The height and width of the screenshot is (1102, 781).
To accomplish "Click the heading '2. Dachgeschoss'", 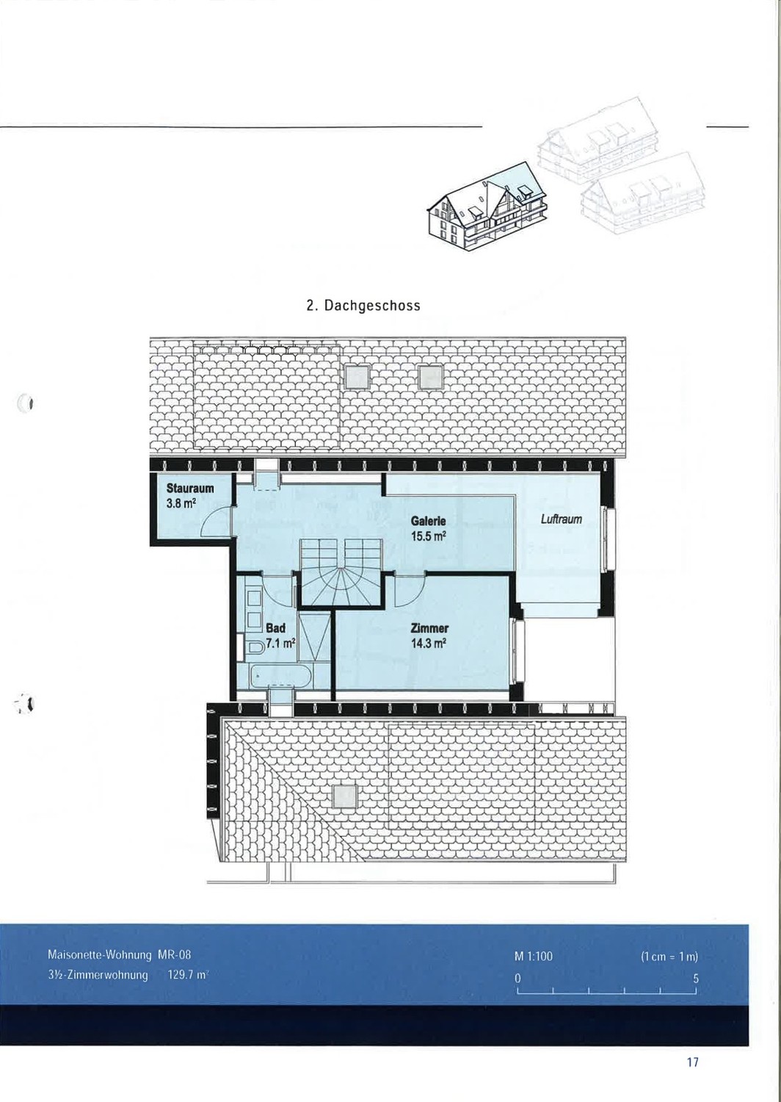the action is (363, 306).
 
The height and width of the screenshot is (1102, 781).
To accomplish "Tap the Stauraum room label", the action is (190, 489).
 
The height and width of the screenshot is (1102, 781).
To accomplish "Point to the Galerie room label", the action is (429, 521).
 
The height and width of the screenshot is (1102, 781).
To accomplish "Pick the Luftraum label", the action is (562, 519).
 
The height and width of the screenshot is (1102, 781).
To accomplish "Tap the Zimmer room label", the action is (429, 628).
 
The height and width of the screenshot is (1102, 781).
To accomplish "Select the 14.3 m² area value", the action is (429, 643).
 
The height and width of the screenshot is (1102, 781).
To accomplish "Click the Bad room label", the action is (275, 628).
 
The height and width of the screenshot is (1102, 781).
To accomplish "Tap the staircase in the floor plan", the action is (342, 572).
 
